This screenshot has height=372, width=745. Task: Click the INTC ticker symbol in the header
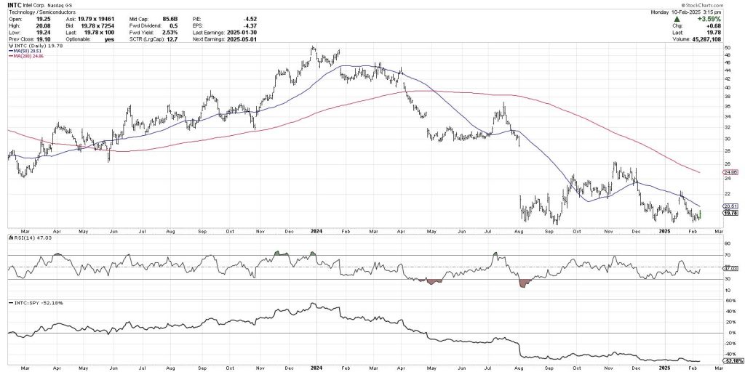tap(13, 4)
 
